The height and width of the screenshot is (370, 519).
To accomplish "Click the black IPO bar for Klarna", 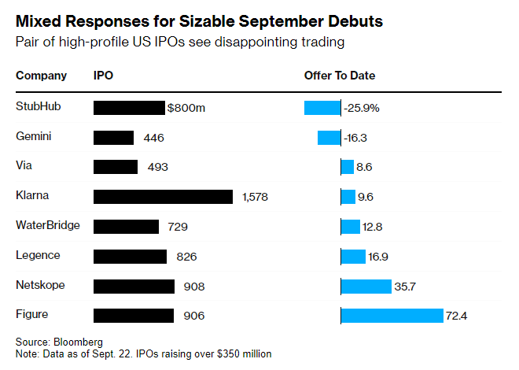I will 163,196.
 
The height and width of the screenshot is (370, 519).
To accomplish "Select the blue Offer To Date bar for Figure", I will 392,316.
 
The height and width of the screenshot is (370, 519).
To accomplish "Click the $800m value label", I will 186,107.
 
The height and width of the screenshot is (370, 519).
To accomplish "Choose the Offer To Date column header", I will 340,76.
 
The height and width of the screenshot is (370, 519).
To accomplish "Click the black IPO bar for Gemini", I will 114,137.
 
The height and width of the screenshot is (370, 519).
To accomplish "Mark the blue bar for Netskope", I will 366,286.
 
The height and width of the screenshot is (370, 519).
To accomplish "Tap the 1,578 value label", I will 256,197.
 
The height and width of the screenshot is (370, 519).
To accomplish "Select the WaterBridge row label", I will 48,225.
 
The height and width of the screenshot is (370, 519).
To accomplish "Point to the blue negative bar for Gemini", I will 329,137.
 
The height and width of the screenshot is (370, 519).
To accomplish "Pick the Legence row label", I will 39,255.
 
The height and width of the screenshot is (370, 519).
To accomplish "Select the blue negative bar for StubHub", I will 322,107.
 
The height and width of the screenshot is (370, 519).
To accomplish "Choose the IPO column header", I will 104,76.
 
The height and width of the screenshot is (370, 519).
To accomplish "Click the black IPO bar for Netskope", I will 134,286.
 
